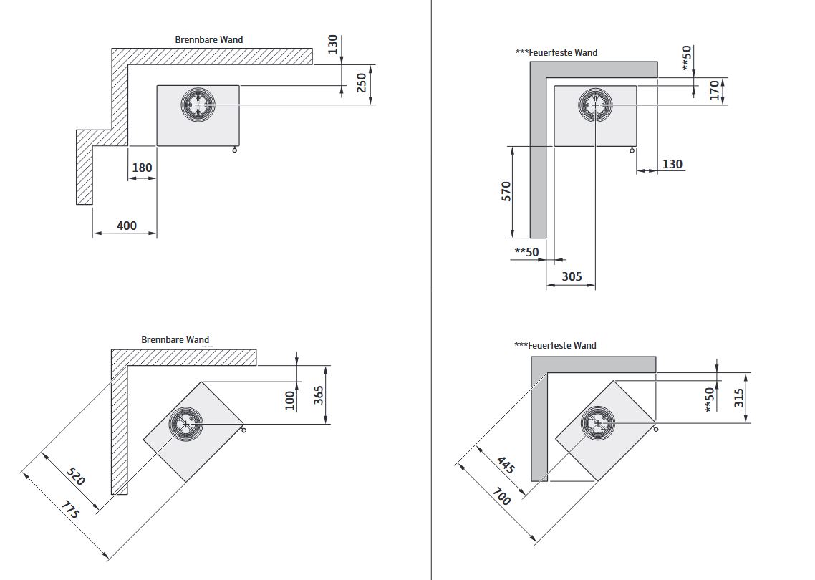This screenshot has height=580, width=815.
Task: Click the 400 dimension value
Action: click(126, 226)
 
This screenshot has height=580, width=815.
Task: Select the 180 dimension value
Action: click(143, 168)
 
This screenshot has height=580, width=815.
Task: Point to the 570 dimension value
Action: click(506, 192)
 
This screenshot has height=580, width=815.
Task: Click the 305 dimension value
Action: click(572, 276)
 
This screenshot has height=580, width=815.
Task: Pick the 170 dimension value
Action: click(713, 90)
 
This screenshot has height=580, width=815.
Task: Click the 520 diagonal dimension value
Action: click(75, 476)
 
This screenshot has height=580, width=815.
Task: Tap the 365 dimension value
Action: click(319, 395)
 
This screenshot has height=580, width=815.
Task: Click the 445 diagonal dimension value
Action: click(506, 466)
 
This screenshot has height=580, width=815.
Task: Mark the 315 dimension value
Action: click(739, 397)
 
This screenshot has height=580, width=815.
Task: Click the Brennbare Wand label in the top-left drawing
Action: click(208, 39)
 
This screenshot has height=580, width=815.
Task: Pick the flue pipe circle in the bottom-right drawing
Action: click(597, 423)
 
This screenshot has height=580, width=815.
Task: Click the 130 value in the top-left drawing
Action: click(332, 44)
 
